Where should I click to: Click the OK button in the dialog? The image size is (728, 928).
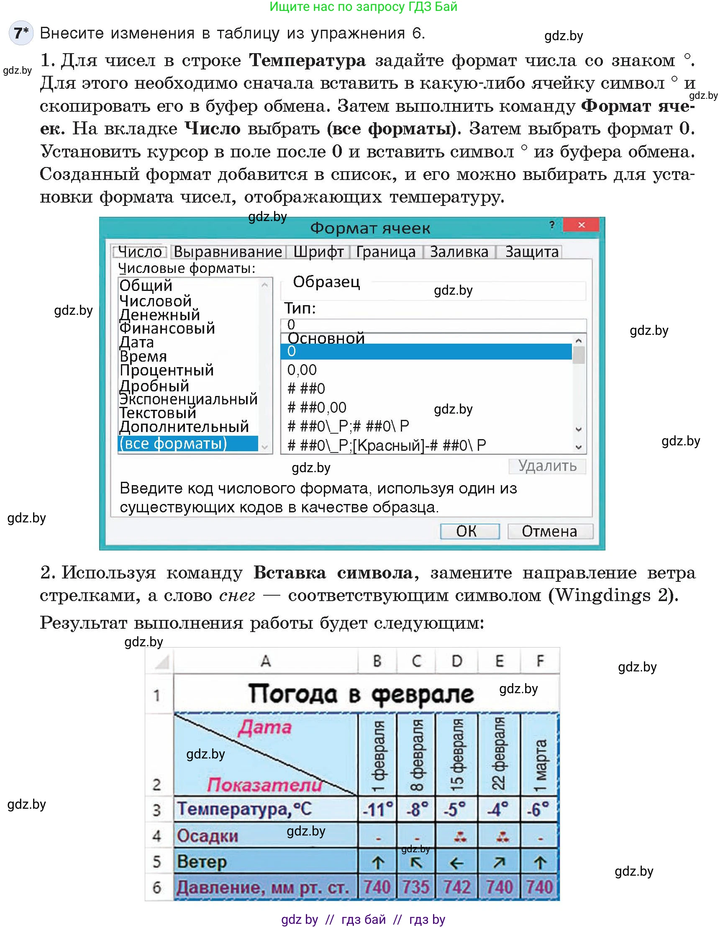[469, 531]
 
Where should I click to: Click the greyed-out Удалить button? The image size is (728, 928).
[547, 466]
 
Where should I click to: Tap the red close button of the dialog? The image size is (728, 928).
[581, 225]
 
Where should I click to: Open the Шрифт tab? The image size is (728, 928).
[318, 252]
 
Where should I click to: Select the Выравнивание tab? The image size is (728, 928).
[228, 252]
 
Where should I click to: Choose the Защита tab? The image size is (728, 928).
[531, 252]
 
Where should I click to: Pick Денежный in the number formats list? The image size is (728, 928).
[159, 315]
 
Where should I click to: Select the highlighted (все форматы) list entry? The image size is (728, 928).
[173, 443]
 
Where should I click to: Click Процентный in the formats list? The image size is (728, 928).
[166, 370]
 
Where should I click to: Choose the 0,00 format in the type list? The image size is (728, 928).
[302, 370]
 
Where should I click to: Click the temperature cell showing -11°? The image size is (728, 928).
[377, 809]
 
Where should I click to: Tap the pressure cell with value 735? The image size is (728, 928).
[415, 887]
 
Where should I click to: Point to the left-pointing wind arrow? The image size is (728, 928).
[456, 863]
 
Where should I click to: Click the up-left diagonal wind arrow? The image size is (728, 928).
[416, 863]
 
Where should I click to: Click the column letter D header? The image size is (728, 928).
[456, 661]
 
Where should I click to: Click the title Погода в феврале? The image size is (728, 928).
[361, 694]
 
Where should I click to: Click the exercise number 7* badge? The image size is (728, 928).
[21, 33]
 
